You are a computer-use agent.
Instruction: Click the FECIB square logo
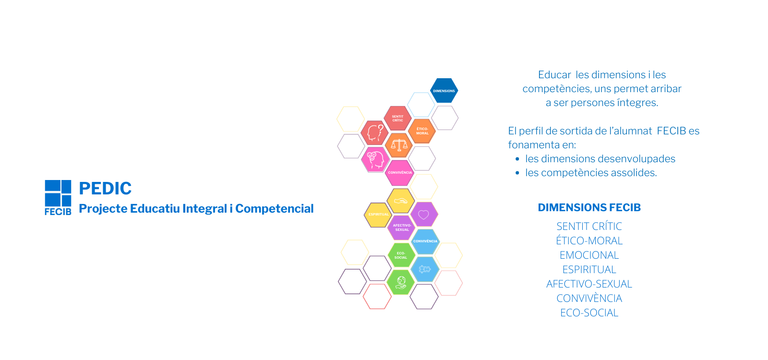coord(58,197)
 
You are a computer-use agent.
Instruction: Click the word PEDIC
coord(105,188)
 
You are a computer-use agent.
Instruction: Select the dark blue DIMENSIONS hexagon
coord(444,91)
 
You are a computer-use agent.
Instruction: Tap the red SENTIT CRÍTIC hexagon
coord(398,118)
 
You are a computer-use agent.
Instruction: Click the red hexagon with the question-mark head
coord(375,132)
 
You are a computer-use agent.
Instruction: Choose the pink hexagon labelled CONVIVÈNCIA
coord(400,173)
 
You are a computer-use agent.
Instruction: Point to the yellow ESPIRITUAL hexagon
coord(378,215)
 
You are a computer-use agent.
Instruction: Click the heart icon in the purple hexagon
coord(424,215)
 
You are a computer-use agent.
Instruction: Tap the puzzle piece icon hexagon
coord(425,269)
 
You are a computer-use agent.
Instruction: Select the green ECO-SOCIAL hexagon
coord(401,255)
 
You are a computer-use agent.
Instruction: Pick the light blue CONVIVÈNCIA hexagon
coord(425,241)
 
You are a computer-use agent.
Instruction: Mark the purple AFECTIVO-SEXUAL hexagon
coord(402,228)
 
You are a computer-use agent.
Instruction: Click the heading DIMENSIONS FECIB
coord(589,207)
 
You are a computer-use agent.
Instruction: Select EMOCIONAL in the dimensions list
coord(589,255)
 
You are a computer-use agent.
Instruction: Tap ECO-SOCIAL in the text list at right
coord(589,312)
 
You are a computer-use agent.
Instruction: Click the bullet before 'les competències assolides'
coord(517,173)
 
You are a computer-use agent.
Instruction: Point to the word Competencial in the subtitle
coord(274,208)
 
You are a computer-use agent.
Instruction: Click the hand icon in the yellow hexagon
coord(400,201)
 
